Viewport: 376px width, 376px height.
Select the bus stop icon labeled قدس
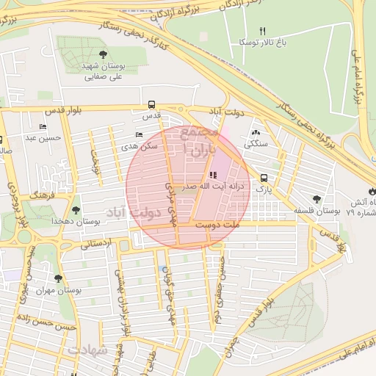tap(151, 104)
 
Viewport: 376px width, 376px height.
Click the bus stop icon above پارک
tap(264, 177)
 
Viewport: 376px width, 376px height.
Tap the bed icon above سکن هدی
tap(140, 134)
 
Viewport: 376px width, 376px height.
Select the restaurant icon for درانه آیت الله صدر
tap(213, 175)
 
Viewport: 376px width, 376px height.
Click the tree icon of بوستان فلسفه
tap(317, 198)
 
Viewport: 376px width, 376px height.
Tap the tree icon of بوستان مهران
tap(58, 278)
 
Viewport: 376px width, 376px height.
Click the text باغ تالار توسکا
tap(253, 43)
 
